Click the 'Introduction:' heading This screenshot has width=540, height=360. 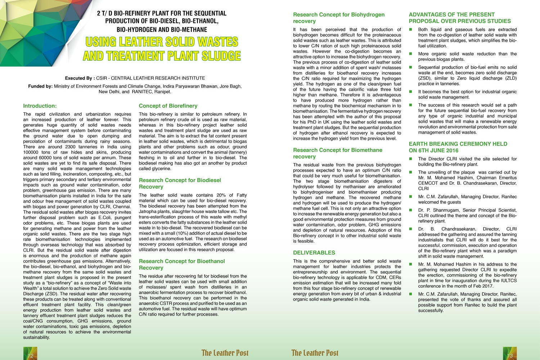(40, 106)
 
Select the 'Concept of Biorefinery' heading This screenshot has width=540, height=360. (168, 106)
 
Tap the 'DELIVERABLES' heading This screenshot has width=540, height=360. (314, 253)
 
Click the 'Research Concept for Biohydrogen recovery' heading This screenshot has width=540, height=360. (338, 18)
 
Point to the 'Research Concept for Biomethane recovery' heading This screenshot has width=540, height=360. (337, 153)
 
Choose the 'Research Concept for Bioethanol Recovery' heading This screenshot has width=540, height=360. (181, 264)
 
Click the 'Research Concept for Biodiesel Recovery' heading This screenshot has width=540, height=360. (180, 183)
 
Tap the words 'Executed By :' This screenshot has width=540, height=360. (80, 78)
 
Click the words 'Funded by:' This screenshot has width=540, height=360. (40, 86)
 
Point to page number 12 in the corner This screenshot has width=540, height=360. (30, 356)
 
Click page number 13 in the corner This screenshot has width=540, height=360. (509, 356)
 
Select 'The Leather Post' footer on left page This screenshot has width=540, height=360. (225, 353)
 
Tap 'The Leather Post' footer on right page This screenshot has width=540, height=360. (315, 353)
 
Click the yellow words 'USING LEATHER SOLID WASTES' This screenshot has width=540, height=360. (162, 42)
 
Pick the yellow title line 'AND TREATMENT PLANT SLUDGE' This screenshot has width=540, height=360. (162, 56)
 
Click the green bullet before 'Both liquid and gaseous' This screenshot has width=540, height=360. (411, 30)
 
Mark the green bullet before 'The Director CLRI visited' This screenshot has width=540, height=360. (411, 159)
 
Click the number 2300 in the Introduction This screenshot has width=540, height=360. (70, 147)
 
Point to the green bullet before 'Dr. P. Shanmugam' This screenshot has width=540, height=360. (411, 210)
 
